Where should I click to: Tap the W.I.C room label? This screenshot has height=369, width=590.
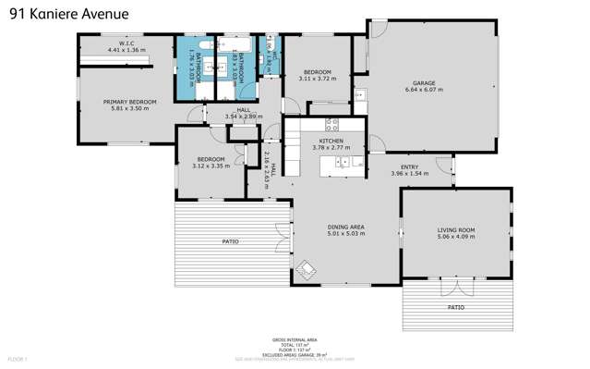click(126, 46)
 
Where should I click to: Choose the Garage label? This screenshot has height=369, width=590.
click(424, 87)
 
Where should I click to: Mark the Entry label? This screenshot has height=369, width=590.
click(410, 168)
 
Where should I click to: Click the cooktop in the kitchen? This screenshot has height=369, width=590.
click(330, 124)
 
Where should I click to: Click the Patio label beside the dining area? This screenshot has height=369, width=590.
click(230, 241)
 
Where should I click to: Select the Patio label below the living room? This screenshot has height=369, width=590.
click(455, 306)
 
